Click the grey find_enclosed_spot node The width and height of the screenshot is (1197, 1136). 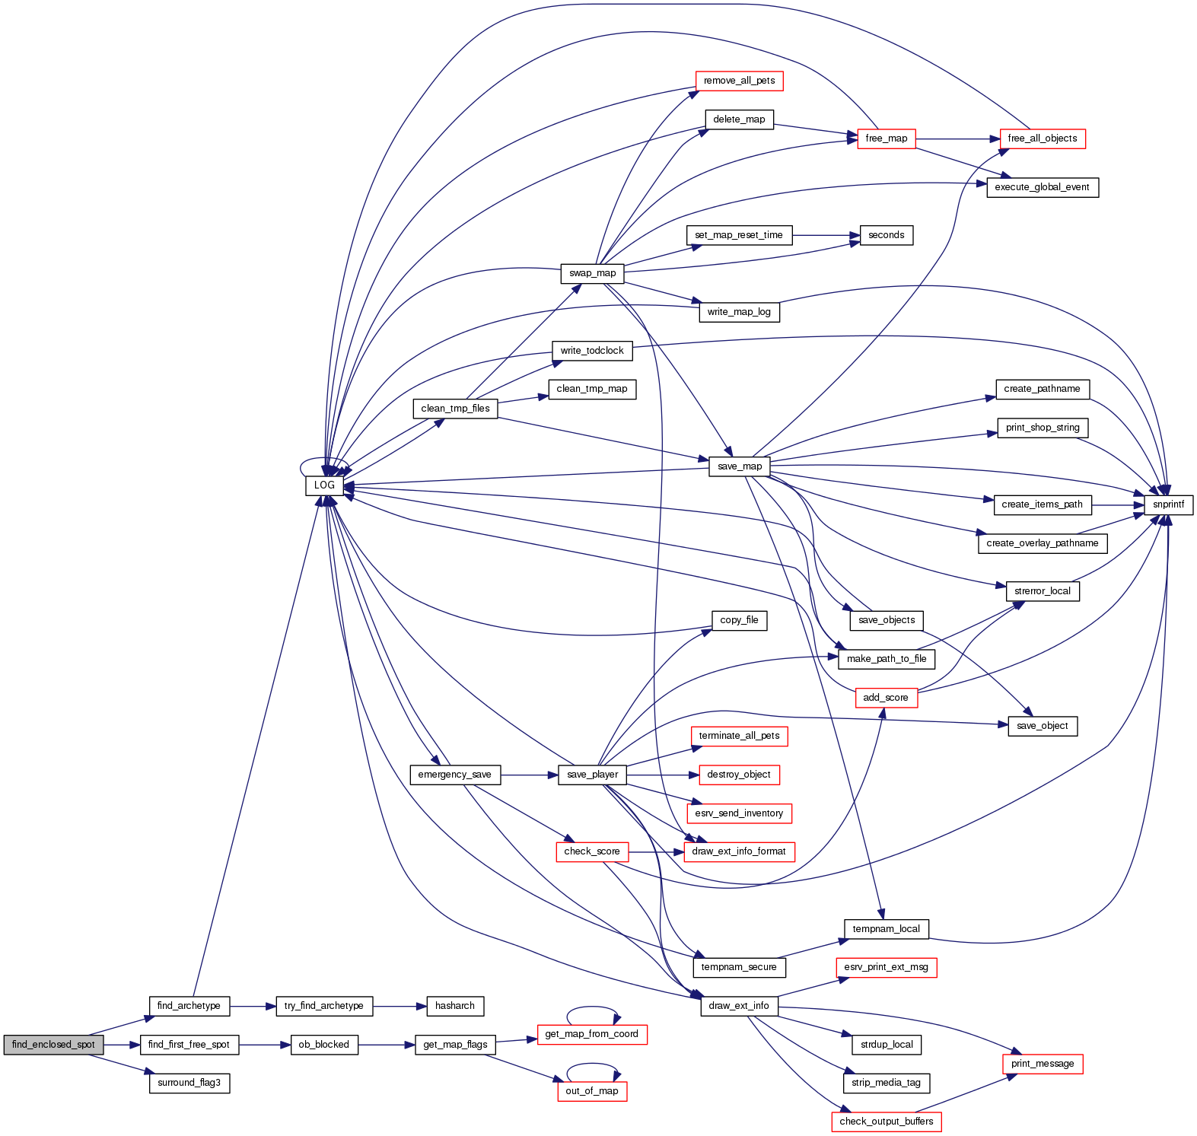(x=53, y=1045)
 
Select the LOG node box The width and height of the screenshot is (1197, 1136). (x=324, y=485)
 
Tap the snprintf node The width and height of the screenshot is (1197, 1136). (x=1168, y=504)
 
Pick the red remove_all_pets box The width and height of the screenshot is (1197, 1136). (x=739, y=81)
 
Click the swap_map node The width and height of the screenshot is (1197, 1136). (x=592, y=273)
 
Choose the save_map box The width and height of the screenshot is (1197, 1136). (x=739, y=466)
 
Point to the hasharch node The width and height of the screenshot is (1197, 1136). (x=454, y=1006)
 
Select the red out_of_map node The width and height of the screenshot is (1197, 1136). (x=591, y=1091)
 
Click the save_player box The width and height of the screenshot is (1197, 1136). (x=592, y=775)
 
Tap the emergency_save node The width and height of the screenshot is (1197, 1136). (x=454, y=775)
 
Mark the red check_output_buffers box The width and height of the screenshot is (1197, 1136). (x=886, y=1122)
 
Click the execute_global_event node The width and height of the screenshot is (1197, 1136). (x=1042, y=187)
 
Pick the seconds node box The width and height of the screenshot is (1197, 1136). (x=886, y=235)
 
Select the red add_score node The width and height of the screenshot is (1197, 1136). (x=885, y=698)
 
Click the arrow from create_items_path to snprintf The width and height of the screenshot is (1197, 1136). (x=1118, y=504)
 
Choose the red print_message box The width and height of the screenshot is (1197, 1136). (x=1042, y=1064)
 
